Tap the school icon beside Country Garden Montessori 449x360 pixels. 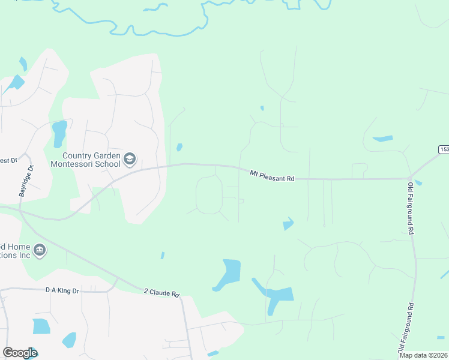tap(130, 159)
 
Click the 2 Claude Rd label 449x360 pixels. tap(161, 294)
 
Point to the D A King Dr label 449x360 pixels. tap(62, 290)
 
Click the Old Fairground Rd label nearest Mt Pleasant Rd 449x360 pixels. tap(411, 208)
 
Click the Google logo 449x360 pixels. tap(20, 353)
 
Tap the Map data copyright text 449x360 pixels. tap(424, 355)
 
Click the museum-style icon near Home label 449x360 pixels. tap(40, 250)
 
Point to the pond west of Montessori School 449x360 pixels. tap(59, 133)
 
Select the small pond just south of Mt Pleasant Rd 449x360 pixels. tap(288, 224)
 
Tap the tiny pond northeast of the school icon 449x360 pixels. tap(179, 147)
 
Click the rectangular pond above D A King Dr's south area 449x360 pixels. tap(41, 326)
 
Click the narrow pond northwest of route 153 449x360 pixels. tap(382, 139)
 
